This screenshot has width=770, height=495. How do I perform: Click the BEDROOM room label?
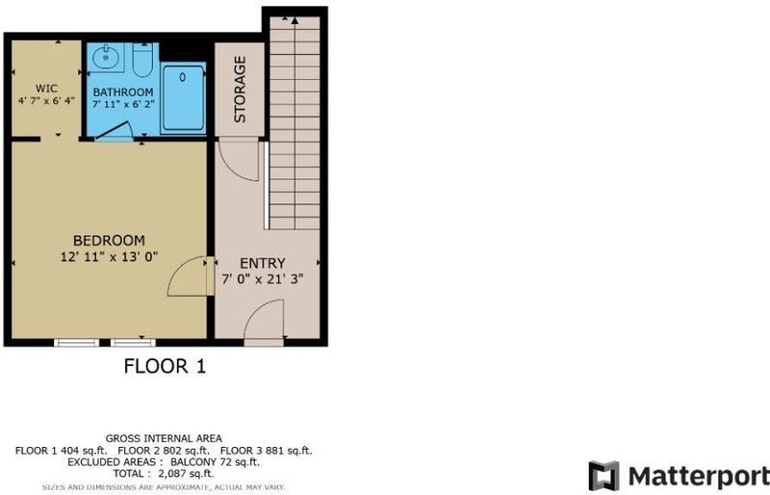tap(109, 241)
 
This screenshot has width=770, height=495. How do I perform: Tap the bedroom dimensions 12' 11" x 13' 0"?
tap(109, 256)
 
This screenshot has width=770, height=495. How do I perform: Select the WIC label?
tap(46, 89)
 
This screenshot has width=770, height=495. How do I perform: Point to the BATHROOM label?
tap(123, 91)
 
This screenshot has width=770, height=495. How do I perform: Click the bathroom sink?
tap(106, 58)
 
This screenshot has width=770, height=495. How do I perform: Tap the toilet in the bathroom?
tap(142, 60)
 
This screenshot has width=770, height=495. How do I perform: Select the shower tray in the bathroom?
tap(183, 98)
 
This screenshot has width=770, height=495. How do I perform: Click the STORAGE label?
tap(240, 89)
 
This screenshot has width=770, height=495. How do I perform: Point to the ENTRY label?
tap(262, 264)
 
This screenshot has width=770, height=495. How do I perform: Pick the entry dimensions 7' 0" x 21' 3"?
tap(262, 279)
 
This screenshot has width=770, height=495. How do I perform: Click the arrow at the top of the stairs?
tap(295, 20)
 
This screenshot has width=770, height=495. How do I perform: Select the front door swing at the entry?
tap(264, 320)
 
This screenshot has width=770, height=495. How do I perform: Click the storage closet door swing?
tap(239, 161)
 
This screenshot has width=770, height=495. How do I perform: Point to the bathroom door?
tap(114, 131)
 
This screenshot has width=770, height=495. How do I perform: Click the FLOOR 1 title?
tap(165, 366)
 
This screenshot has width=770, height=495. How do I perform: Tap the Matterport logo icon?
tap(604, 476)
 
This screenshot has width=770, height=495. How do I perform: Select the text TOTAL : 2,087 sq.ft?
tap(164, 474)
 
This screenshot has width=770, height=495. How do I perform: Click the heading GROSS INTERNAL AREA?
tap(164, 438)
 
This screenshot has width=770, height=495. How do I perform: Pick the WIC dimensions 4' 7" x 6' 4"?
tap(46, 101)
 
